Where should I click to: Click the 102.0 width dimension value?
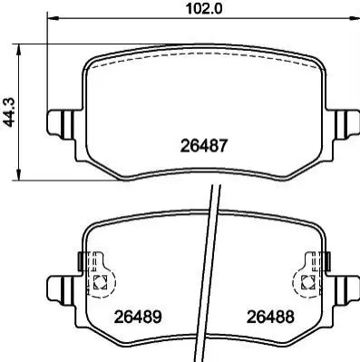tap(204, 8)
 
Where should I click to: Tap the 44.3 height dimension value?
tap(8, 113)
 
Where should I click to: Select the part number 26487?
tap(203, 146)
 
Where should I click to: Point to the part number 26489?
tap(138, 317)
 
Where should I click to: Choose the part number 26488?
tap(270, 317)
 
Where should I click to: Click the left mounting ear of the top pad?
tap(60, 125)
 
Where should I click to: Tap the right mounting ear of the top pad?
tap(347, 125)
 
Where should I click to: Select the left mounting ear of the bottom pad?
tap(60, 290)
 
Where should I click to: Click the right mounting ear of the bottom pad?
tap(347, 290)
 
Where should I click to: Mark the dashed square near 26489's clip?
tap(100, 282)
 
